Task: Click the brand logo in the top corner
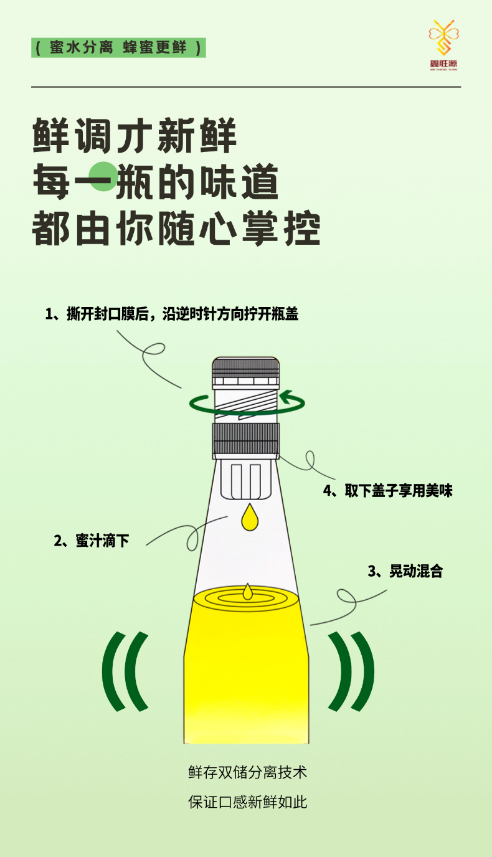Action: [443, 45]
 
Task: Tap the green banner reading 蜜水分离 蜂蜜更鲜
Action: [118, 48]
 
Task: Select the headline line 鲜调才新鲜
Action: [135, 136]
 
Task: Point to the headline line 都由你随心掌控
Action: [176, 229]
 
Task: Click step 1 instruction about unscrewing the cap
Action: [172, 314]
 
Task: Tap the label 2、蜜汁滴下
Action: [92, 541]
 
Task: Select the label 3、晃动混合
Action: [405, 571]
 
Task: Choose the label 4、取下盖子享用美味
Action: [388, 491]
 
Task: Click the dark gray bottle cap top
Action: [245, 368]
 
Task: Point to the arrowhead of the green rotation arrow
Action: [286, 397]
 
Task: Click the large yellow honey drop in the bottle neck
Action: [250, 517]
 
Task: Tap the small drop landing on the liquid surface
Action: [247, 592]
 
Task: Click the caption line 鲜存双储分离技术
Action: [247, 772]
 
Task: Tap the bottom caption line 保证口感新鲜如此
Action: [247, 802]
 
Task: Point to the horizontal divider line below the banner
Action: [246, 87]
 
